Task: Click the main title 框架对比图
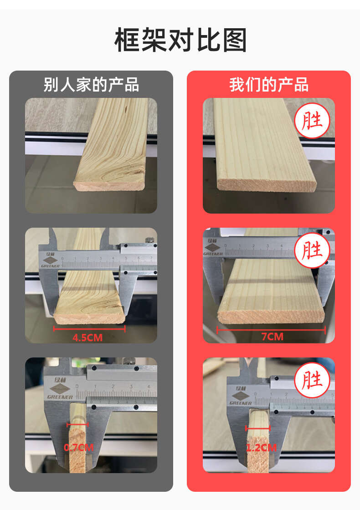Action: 180,40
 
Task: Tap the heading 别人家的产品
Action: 91,85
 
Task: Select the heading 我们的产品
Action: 269,85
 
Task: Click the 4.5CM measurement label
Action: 87,337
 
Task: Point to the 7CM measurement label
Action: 273,337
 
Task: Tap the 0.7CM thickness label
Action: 78,448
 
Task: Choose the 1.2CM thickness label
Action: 261,448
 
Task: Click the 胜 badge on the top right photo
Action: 312,121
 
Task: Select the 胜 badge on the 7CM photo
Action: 312,250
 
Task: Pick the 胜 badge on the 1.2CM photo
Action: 312,380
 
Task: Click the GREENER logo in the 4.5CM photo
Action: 50,260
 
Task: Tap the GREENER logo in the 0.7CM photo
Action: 60,388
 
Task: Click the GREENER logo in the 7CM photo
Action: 213,248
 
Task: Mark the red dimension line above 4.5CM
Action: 89,329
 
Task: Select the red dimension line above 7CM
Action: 271,331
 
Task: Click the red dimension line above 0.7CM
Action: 77,424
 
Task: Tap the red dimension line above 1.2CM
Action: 258,428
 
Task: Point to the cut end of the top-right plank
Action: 267,185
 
